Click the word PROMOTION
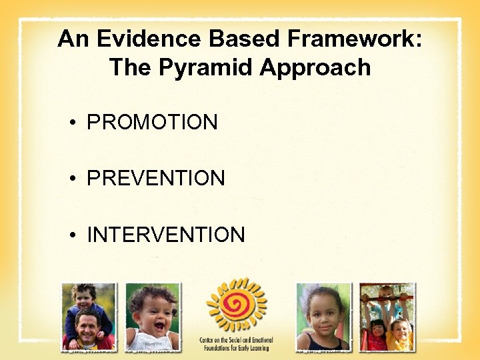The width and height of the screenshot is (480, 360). [x=152, y=123]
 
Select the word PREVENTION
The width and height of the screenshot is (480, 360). [x=156, y=179]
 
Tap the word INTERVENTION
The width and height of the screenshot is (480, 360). [x=166, y=235]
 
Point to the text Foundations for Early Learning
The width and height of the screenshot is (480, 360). [x=236, y=347]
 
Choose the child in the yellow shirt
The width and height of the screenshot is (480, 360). [x=400, y=333]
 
